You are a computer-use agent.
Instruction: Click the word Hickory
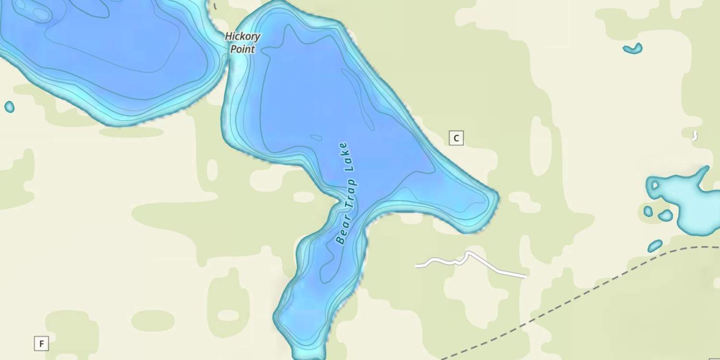point(243,36)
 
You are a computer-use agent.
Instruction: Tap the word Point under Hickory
point(243,49)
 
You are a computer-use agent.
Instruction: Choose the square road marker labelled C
point(456,138)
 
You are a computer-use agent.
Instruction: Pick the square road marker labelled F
point(42,344)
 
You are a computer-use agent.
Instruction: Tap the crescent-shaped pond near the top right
point(633,48)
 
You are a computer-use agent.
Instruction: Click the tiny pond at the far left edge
point(9,107)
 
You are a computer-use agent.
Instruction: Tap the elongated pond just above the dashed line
point(655,246)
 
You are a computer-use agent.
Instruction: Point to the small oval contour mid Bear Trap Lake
point(316,138)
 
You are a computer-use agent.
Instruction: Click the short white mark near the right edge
point(694,136)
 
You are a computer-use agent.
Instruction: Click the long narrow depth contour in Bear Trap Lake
point(358,98)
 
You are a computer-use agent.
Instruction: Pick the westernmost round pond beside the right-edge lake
point(648,211)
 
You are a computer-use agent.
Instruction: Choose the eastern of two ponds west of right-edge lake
point(666,216)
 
